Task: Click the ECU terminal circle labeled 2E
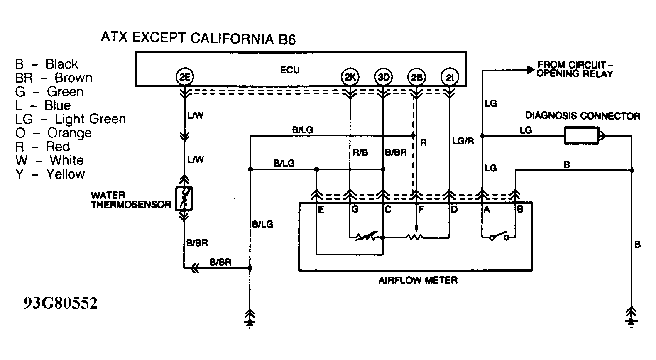[x=184, y=77]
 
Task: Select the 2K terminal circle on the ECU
[x=350, y=77]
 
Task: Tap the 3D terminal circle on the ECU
[x=383, y=77]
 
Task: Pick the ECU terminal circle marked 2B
[x=417, y=77]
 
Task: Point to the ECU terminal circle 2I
[x=450, y=77]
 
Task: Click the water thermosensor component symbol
[x=184, y=198]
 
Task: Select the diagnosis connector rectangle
[x=581, y=136]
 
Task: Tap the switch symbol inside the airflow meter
[x=499, y=236]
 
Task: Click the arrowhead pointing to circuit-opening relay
[x=530, y=70]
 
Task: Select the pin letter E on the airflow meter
[x=321, y=210]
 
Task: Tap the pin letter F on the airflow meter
[x=421, y=210]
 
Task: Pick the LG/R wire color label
[x=463, y=141]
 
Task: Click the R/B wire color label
[x=360, y=153]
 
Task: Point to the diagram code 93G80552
[x=60, y=303]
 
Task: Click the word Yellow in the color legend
[x=66, y=174]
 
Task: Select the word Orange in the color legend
[x=69, y=133]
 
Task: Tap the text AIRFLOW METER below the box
[x=418, y=280]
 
